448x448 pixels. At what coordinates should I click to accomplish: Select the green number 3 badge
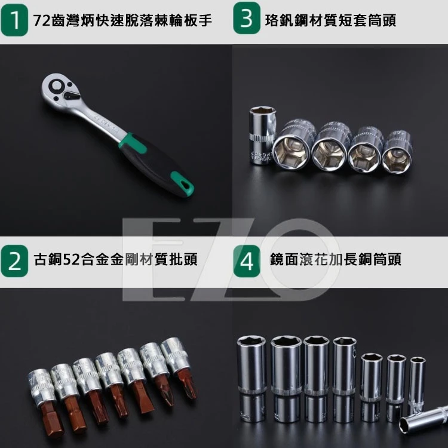pyautogui.click(x=246, y=20)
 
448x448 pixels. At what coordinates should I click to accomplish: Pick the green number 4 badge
pyautogui.click(x=246, y=261)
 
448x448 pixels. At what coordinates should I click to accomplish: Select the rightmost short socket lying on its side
pyautogui.click(x=397, y=152)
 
